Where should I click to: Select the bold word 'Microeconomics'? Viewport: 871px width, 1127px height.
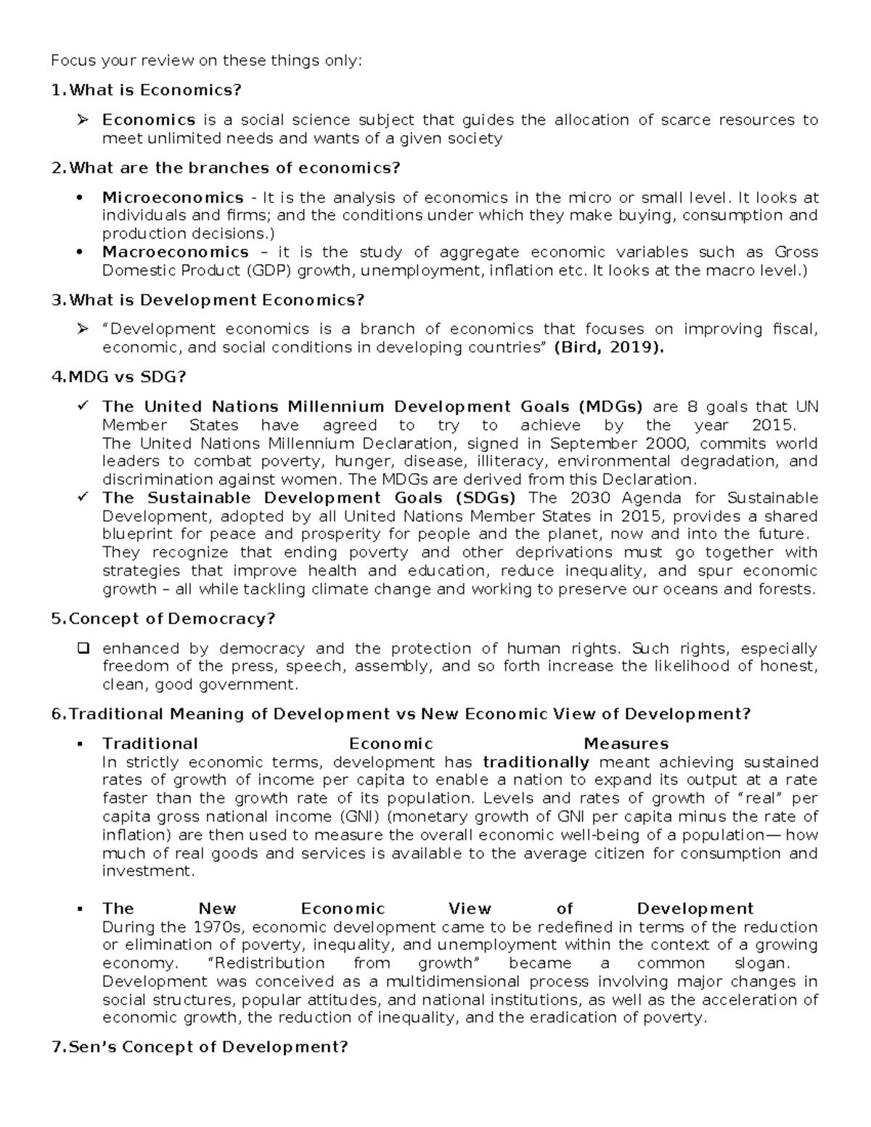173,197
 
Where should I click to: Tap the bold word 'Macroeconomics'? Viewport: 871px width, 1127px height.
175,252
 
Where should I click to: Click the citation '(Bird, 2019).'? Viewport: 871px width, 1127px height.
608,347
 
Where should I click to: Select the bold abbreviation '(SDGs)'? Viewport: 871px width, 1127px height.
486,498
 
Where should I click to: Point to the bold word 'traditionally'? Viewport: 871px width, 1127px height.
536,762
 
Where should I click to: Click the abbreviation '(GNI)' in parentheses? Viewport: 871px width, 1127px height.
356,816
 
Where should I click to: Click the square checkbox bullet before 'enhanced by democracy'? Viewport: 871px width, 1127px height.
82,648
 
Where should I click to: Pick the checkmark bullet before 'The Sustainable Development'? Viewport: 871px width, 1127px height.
82,498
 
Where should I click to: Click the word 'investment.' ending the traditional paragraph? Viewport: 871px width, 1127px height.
149,871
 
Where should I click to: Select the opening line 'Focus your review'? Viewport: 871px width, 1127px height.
205,60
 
